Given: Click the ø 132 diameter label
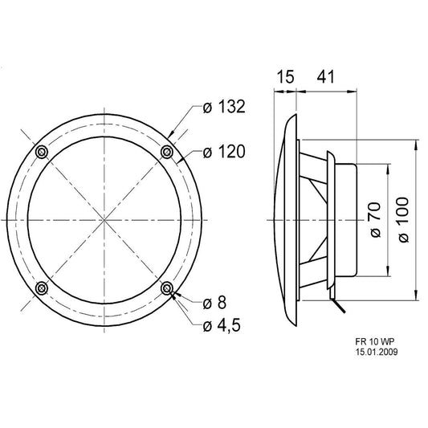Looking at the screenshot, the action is click(224, 107).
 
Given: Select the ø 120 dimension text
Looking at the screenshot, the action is click(224, 152).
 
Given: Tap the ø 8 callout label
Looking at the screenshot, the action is click(215, 303).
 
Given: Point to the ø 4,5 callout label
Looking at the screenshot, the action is click(222, 326).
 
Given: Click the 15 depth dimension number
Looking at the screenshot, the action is click(286, 77).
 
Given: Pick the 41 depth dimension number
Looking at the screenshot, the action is click(325, 77).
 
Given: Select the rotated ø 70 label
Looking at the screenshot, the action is click(375, 220).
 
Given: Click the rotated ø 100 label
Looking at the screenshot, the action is click(404, 220).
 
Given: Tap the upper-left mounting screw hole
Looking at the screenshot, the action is click(42, 152).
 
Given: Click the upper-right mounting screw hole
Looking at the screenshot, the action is click(167, 152).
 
